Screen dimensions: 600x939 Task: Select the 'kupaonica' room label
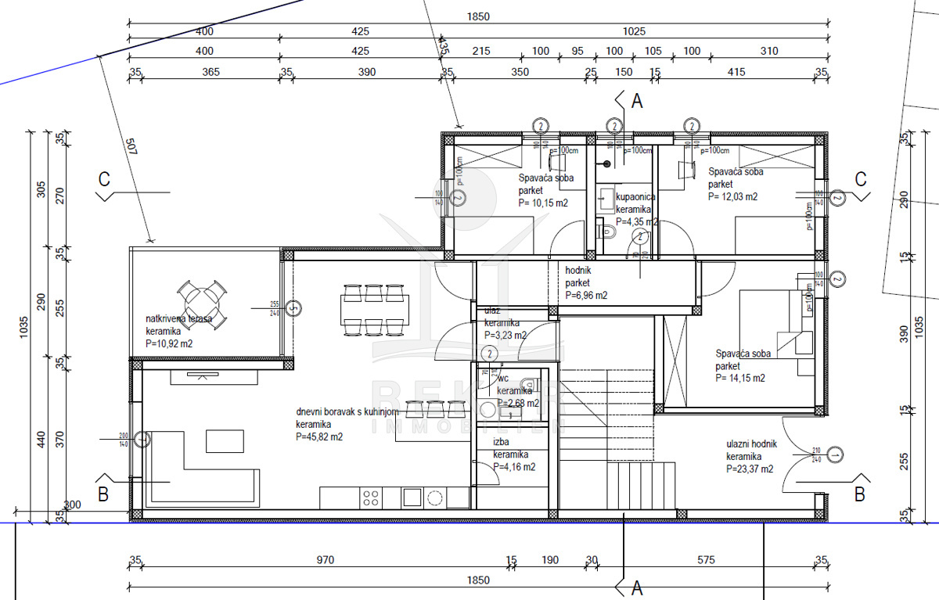point(635,197)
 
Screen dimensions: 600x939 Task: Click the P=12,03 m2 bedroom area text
point(732,197)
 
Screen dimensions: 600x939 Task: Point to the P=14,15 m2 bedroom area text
point(740,378)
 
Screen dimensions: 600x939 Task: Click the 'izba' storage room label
point(502,442)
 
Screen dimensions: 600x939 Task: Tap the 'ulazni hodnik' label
point(751,444)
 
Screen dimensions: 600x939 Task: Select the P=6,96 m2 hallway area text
point(586,296)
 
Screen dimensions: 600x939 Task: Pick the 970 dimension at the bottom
point(326,559)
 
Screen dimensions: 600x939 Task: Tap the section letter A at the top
point(636,101)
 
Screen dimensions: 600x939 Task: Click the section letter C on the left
point(104,179)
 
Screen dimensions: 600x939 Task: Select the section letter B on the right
point(859,494)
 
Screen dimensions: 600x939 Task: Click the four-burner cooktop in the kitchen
point(371,497)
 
